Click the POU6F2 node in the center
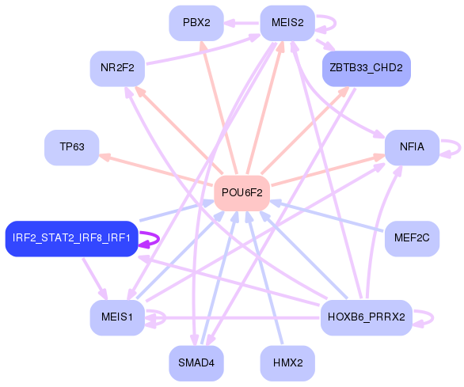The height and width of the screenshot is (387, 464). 242,192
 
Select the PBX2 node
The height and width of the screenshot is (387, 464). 196,22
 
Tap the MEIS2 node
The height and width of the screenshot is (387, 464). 287,22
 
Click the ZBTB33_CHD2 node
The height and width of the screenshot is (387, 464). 366,68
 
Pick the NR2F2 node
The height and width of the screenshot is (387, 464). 116,68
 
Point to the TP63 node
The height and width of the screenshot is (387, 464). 71,147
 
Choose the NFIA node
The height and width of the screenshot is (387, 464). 411,147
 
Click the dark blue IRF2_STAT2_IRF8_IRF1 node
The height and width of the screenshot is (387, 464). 71,238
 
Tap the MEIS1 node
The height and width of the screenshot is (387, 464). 116,317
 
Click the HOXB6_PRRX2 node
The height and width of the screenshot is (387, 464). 366,317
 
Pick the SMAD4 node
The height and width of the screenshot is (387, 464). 196,362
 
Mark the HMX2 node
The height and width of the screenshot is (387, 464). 287,362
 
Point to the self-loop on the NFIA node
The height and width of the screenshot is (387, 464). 455,148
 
